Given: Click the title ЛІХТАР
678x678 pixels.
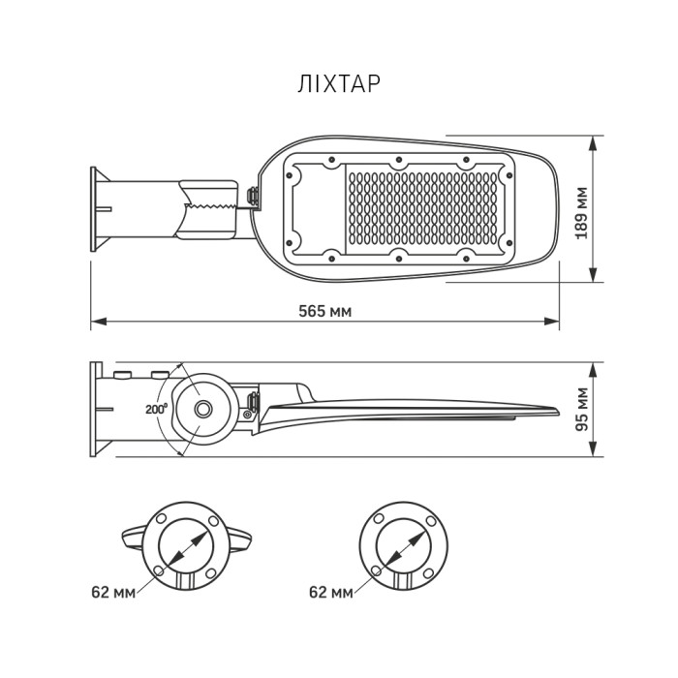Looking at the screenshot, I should click(x=339, y=84).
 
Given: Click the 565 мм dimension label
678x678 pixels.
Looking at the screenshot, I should click(x=325, y=311).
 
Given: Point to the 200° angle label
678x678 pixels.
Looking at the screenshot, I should click(x=157, y=409).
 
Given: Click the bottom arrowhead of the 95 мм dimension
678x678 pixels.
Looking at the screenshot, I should click(x=593, y=454).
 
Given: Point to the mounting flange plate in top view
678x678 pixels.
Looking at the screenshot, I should click(x=95, y=207).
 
